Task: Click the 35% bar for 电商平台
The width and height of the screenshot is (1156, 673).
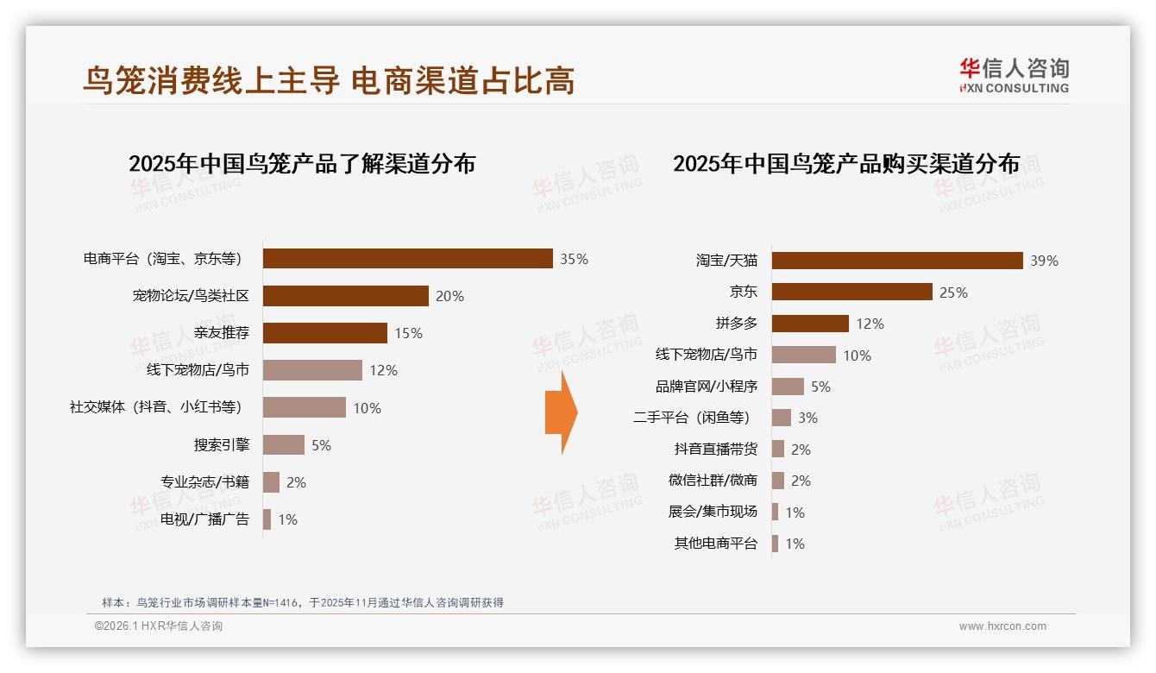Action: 407,259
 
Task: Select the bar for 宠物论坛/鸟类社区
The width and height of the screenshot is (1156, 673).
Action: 345,296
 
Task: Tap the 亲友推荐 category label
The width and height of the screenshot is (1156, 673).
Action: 222,333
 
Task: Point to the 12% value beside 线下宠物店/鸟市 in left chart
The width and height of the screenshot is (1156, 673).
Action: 383,370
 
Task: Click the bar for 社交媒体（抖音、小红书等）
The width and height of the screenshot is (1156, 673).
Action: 304,407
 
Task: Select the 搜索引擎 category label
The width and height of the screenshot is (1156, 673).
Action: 222,445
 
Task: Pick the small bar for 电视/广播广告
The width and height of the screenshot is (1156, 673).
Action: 267,519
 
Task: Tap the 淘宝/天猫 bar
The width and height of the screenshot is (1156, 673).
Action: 896,261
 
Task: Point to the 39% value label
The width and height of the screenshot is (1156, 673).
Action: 1044,261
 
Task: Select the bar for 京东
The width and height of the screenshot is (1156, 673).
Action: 851,292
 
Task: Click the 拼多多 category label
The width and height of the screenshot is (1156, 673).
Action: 736,324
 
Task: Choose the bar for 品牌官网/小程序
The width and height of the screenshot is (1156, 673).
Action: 788,387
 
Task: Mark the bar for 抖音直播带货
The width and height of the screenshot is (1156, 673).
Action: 778,449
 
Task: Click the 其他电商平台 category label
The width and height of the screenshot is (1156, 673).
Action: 715,544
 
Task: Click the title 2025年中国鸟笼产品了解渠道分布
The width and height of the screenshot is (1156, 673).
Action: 302,164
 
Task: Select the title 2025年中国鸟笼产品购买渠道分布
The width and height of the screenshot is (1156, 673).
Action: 846,164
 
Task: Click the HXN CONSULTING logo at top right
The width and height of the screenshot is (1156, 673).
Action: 1014,76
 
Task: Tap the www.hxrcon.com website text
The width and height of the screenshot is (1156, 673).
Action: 1002,626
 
